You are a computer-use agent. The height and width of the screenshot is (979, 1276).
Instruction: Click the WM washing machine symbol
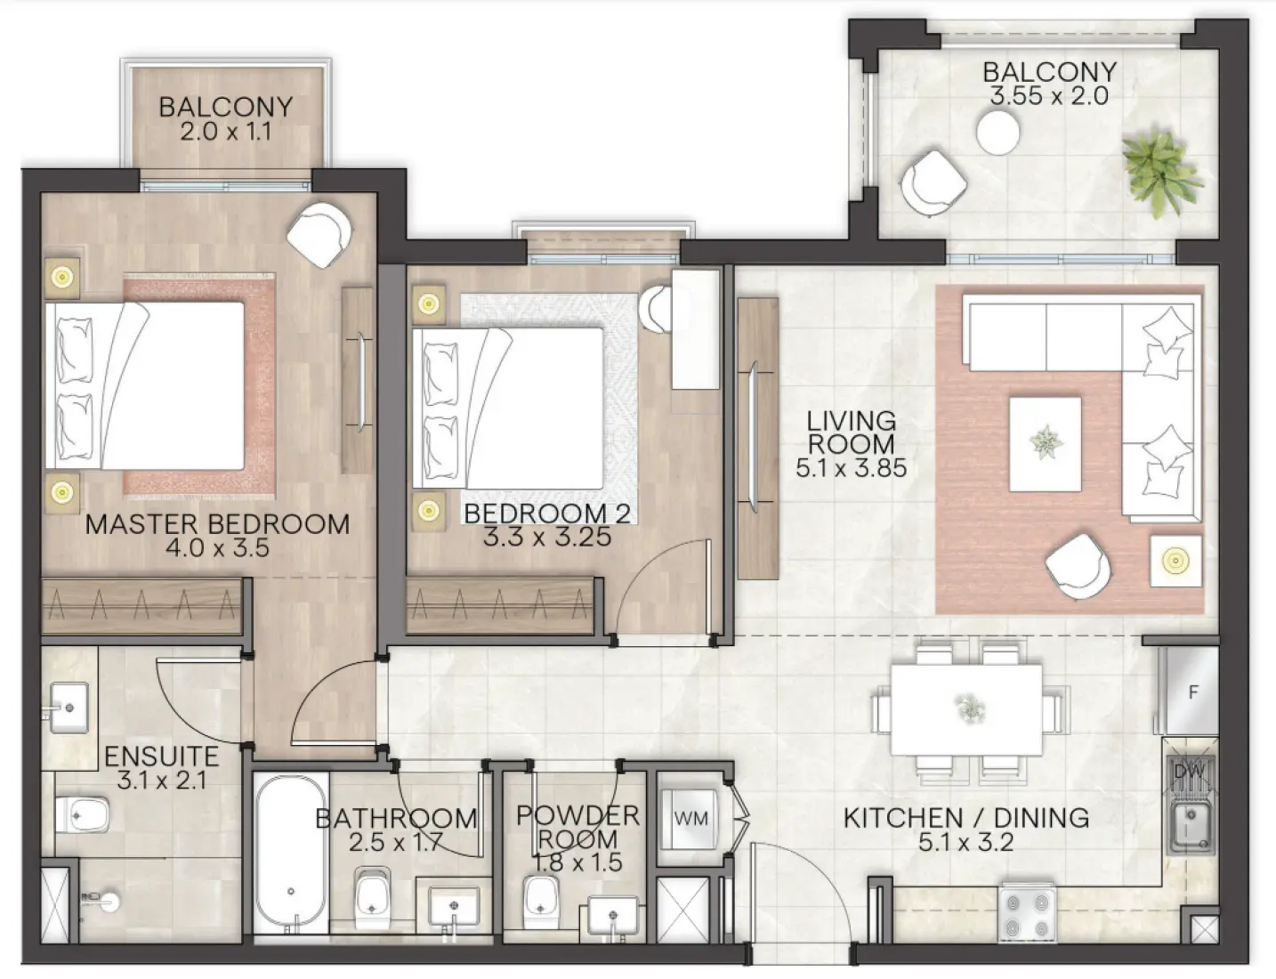click(690, 818)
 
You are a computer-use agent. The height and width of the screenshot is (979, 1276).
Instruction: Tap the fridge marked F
click(1192, 692)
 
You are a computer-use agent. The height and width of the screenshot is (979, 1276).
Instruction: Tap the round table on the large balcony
click(998, 133)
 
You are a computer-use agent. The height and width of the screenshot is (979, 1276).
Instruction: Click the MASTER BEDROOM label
click(217, 523)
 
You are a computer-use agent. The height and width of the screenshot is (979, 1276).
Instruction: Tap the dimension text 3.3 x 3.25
click(547, 537)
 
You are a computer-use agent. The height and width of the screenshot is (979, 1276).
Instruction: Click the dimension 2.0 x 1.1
click(224, 132)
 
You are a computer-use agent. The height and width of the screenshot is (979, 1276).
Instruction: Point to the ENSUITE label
click(161, 756)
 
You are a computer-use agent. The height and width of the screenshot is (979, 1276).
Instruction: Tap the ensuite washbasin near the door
click(68, 708)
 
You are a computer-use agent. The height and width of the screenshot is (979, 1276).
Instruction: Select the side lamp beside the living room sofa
click(1175, 561)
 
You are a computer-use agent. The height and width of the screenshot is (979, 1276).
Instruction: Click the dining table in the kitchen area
click(966, 708)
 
